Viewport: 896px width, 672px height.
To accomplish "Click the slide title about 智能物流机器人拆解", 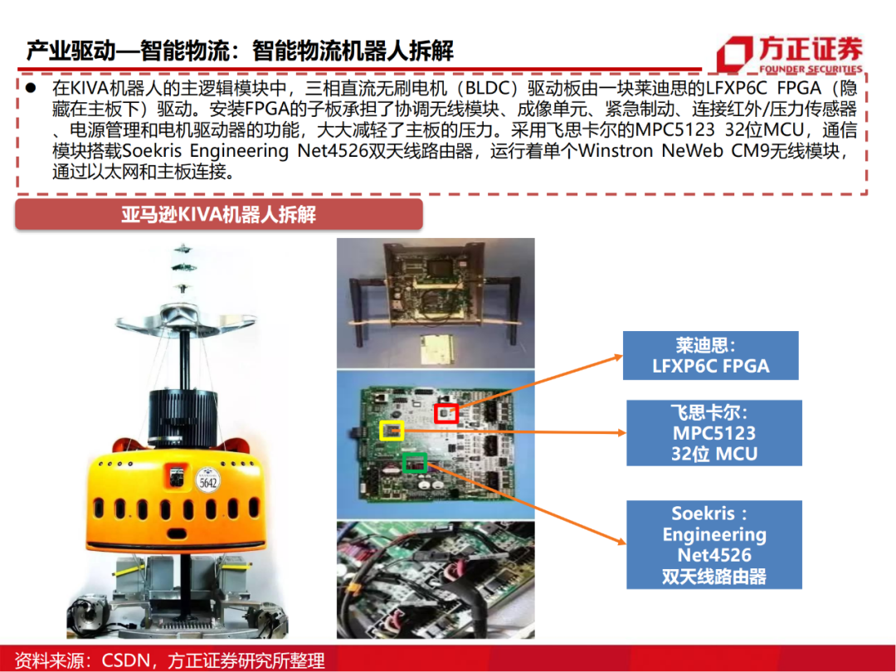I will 240,51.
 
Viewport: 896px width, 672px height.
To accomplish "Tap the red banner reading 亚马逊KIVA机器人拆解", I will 219,214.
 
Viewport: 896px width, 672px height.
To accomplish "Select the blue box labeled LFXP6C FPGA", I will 710,356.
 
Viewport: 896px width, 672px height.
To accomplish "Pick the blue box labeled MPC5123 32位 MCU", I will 714,433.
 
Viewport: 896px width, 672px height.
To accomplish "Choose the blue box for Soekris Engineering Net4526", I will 714,545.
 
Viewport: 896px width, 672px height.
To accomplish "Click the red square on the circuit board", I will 446,412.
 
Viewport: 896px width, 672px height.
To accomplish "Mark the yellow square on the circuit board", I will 391,430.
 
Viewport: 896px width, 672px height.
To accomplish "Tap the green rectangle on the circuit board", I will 414,462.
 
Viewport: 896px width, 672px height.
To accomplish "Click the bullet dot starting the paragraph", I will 31,88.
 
